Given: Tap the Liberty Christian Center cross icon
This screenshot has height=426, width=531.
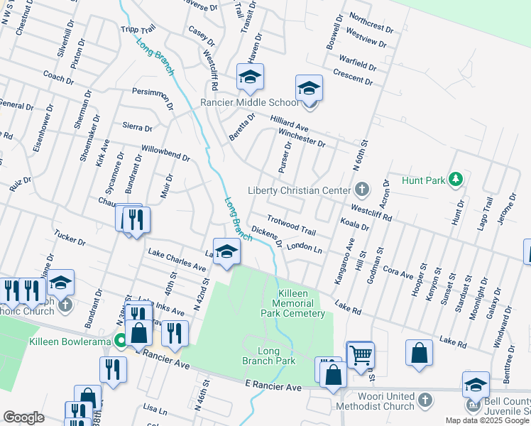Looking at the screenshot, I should point(362,190).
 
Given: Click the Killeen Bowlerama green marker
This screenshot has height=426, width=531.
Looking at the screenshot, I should point(121,342).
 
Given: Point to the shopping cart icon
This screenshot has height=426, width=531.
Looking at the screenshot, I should point(361,354).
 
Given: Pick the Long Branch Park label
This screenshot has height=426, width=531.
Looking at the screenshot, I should point(267,356).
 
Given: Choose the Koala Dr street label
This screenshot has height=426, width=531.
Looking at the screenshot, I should point(355,226).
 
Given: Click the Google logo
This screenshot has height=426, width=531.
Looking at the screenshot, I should point(23,417).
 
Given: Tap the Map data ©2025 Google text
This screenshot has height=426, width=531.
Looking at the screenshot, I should point(486,420).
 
